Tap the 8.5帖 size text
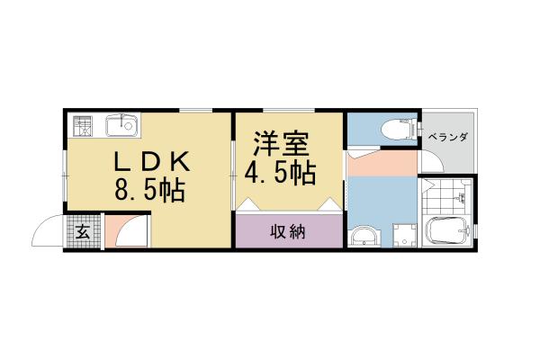point(149,190)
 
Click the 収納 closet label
point(289,232)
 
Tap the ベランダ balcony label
point(447,137)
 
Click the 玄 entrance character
point(82,232)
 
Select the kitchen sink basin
point(121,125)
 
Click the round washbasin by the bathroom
point(365,238)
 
